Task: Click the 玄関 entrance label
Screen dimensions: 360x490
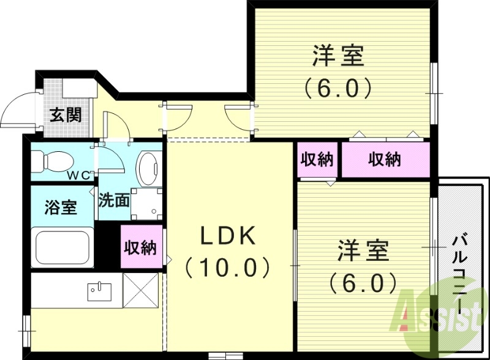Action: (x=66, y=114)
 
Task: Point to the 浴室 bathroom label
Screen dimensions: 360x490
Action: (x=61, y=206)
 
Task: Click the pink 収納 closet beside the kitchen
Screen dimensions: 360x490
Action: (x=140, y=247)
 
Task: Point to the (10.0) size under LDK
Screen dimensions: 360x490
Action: (x=227, y=267)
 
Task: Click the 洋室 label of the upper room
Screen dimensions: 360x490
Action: (x=338, y=57)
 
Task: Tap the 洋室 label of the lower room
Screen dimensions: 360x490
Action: (x=363, y=250)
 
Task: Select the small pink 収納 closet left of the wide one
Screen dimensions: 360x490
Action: (x=317, y=160)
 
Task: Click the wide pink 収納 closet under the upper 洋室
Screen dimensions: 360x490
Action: (x=385, y=160)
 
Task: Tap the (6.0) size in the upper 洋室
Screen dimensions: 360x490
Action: (x=338, y=89)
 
